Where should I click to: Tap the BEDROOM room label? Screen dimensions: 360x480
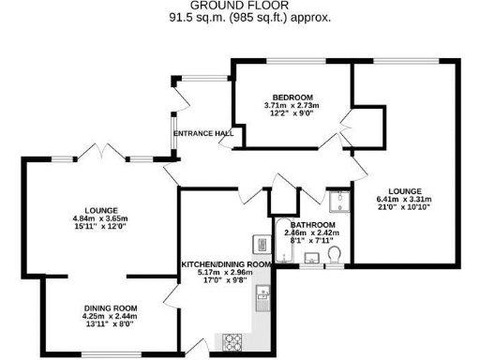[x=292, y=97]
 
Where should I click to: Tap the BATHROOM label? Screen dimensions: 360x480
[x=312, y=225]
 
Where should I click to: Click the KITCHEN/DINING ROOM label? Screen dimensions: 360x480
[x=226, y=264]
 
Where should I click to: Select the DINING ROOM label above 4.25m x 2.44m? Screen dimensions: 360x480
[x=112, y=308]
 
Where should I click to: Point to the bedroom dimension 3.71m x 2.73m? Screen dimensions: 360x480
[x=292, y=106]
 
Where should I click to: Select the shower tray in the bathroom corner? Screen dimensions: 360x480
[x=337, y=199]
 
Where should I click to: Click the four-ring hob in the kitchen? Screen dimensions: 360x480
[x=231, y=343]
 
